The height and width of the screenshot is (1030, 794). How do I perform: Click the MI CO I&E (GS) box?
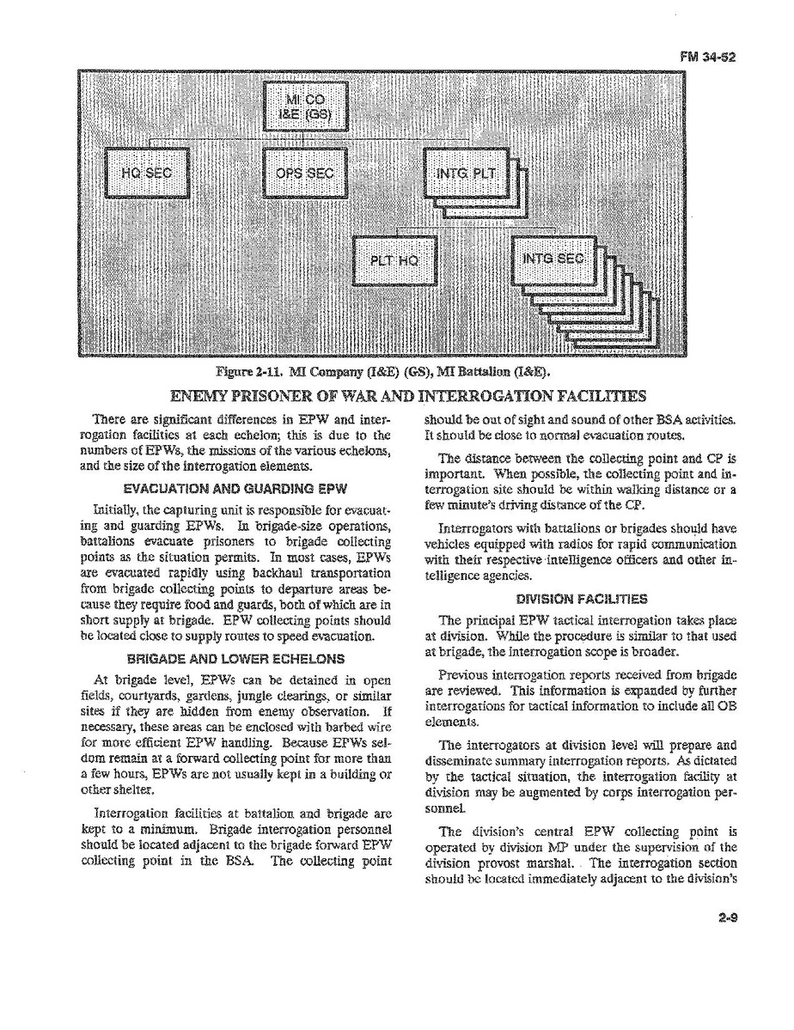point(304,107)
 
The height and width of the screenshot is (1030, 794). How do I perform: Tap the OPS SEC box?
point(304,173)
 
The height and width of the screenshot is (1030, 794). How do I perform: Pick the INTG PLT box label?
point(465,173)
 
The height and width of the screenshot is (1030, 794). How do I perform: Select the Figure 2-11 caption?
point(382,372)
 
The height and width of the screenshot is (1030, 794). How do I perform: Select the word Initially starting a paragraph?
point(119,509)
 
